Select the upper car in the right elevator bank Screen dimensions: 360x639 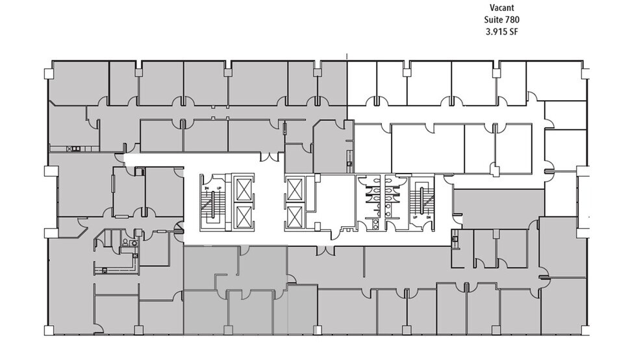tap(294, 189)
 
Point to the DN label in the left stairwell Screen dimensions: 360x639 tap(207, 187)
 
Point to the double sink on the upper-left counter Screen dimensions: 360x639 tap(75, 148)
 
